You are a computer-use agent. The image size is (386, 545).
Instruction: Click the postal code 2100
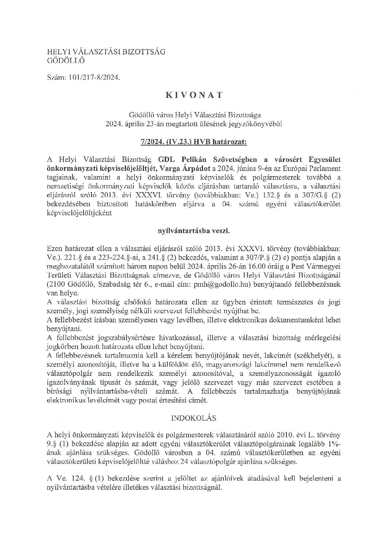tap(58, 282)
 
